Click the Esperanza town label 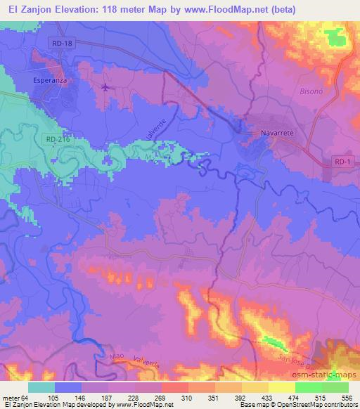tap(50, 81)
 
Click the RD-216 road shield tap(60, 139)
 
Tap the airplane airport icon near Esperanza tap(105, 87)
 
